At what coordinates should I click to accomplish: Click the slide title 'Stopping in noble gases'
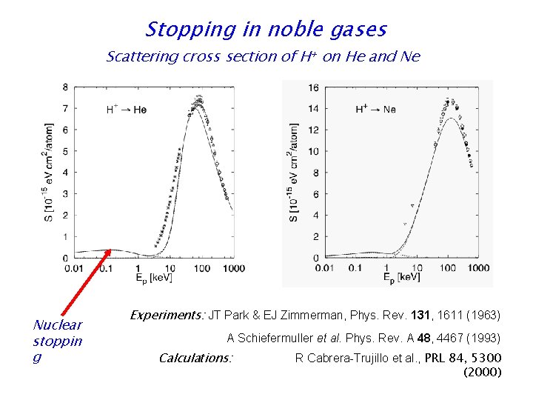[266, 30]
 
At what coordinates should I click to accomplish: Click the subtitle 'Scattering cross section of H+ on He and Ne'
[263, 57]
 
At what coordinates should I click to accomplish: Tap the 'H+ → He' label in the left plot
[127, 110]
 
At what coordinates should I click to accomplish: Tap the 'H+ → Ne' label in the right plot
[375, 110]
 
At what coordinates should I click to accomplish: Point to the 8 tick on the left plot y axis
[65, 87]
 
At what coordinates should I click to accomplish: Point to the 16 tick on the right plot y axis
[313, 88]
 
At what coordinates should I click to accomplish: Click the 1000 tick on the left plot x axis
[233, 267]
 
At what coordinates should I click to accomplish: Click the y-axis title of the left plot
[50, 172]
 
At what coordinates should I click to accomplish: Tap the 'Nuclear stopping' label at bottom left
[58, 341]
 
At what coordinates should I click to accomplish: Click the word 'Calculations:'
[196, 358]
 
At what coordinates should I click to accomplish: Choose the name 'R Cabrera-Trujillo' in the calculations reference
[343, 359]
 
